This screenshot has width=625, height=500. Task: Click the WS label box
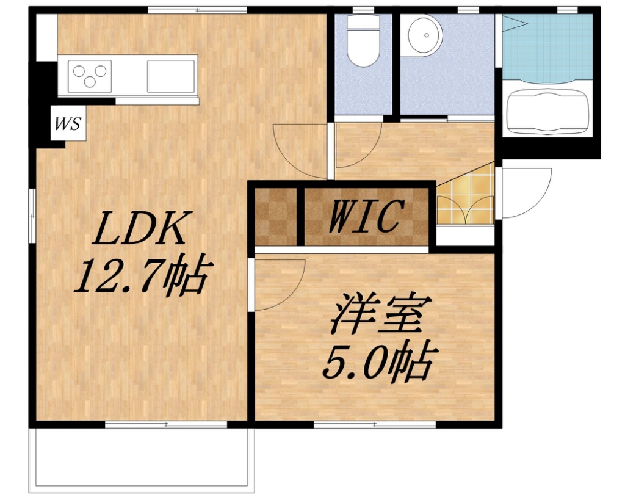coord(68,123)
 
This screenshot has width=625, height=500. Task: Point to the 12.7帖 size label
coord(142,275)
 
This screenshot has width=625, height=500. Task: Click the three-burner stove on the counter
coord(90,76)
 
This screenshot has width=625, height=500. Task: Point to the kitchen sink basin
coord(171,76)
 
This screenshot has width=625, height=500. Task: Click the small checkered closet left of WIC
coord(276,217)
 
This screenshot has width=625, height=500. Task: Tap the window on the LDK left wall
coord(32,216)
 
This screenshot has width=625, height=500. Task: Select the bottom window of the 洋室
coord(375,424)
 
